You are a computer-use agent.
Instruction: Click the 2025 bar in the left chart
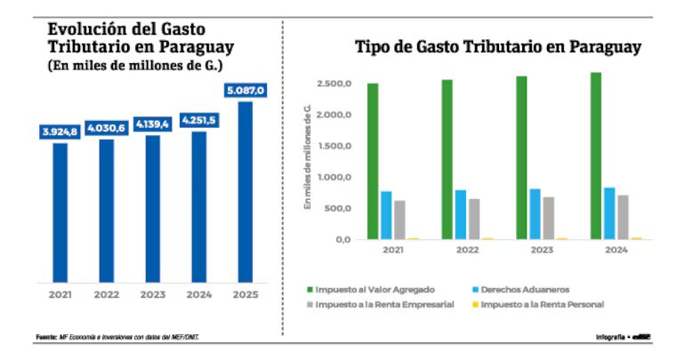click(245, 190)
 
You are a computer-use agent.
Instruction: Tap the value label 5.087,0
click(245, 91)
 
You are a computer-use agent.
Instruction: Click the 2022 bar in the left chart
click(106, 210)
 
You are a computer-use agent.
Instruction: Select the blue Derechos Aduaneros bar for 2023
click(536, 214)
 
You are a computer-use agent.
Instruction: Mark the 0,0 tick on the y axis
click(342, 240)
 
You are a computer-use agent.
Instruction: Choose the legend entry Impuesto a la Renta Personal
click(542, 304)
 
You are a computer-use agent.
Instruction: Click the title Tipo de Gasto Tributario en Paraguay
click(497, 47)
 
